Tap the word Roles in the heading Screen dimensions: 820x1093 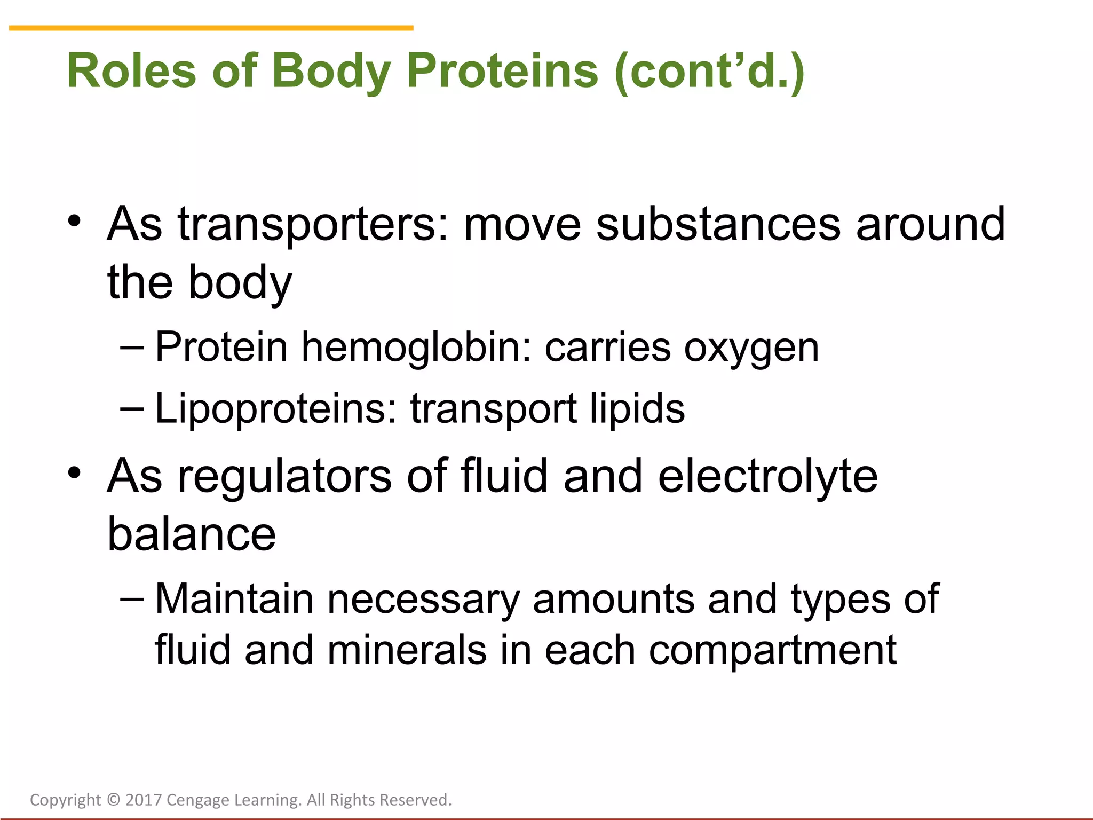pos(131,71)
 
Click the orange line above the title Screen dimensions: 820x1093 pos(211,28)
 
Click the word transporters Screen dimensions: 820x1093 pos(312,225)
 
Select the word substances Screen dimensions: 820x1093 pos(718,224)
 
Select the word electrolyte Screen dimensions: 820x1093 pos(767,476)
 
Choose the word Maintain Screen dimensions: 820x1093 pos(234,598)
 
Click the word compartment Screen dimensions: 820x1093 pos(772,651)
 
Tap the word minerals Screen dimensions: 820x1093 pos(407,650)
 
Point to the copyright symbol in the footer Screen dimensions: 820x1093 pos(113,800)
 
